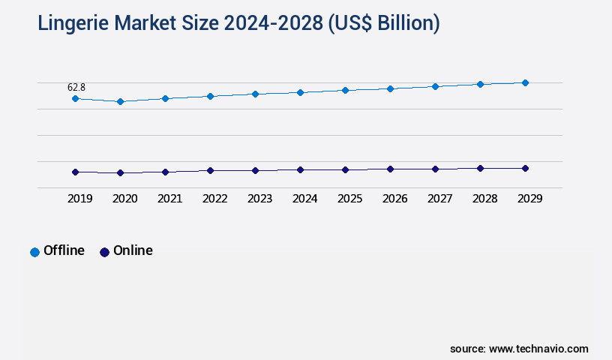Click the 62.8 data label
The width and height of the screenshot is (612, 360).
pos(76,88)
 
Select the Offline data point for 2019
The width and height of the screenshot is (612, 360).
pos(75,98)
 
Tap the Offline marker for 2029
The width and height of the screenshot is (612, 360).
pos(525,82)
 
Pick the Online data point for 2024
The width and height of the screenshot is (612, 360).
pos(300,169)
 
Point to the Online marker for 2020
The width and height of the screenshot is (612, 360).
pos(120,172)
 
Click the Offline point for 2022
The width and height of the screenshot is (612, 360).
pos(210,96)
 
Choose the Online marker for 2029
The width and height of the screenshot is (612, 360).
pos(525,168)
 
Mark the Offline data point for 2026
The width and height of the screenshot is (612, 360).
pos(390,88)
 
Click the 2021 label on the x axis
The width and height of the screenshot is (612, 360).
pos(169,199)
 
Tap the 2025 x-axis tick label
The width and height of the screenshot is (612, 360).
pos(349,199)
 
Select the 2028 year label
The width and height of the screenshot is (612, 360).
pos(484,199)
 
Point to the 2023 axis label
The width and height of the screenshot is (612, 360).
pos(259,199)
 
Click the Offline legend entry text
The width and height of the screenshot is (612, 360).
pos(64,250)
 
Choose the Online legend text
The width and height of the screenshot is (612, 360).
pos(133,250)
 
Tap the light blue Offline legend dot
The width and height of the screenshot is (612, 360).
pos(34,252)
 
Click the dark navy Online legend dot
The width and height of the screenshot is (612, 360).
pos(104,252)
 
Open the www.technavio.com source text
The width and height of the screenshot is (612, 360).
pos(538,349)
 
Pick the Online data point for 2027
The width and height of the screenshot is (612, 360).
pos(435,169)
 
